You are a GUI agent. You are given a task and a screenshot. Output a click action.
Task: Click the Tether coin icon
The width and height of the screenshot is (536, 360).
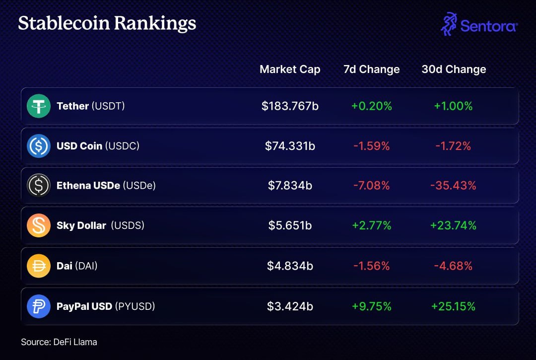pos(39,106)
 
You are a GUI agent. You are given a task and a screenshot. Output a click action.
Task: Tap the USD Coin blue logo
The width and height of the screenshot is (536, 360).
pos(39,146)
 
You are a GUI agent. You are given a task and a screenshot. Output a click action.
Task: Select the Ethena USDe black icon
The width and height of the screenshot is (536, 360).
pos(39,186)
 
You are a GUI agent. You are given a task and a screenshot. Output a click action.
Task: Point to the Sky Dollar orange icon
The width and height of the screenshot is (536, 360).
pos(39,226)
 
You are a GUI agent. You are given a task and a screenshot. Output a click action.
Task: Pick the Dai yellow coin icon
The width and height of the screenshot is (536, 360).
pos(39,266)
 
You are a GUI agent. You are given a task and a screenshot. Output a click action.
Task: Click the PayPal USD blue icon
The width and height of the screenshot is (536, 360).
pos(39,306)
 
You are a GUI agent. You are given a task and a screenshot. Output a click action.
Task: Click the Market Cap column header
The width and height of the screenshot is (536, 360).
pos(290,70)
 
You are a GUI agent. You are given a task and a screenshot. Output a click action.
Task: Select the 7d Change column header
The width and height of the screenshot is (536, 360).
pos(371,70)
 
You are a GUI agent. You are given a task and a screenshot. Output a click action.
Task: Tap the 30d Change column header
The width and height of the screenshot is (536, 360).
pos(454,70)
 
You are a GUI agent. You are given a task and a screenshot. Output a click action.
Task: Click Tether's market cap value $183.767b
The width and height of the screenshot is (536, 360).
pos(290,106)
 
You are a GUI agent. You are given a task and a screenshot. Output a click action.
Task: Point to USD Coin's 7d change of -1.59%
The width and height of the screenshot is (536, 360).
pos(371,146)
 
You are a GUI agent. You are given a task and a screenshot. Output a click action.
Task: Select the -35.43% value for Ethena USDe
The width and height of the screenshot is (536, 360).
pos(454,186)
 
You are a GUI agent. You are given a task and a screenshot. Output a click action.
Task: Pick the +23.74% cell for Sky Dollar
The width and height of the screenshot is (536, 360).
pos(454,226)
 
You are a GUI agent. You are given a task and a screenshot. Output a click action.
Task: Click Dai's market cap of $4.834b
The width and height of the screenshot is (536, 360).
pos(290,266)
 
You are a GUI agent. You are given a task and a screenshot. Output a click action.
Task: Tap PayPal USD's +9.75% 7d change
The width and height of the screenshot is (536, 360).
pos(371,306)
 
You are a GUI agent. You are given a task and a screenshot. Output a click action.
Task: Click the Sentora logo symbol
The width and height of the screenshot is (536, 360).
pos(449,24)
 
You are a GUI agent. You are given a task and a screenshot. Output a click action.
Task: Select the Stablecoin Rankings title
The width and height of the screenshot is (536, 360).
pos(107,23)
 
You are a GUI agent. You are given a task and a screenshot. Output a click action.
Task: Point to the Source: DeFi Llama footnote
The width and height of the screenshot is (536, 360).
pos(59,342)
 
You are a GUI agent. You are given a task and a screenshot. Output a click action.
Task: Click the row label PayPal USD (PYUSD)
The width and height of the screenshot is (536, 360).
pos(106,306)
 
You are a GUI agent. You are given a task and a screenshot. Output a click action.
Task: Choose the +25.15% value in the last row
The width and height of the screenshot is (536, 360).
pos(454,306)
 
